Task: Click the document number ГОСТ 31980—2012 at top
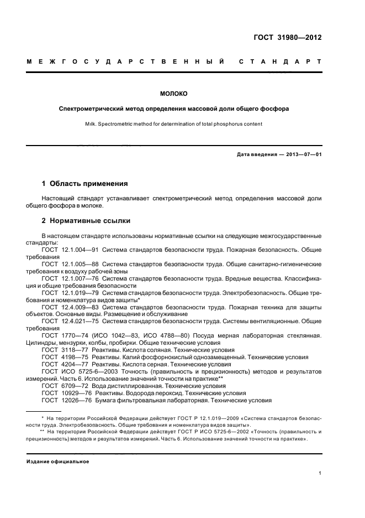pyautogui.click(x=287, y=38)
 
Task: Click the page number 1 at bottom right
pyautogui.click(x=320, y=474)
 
